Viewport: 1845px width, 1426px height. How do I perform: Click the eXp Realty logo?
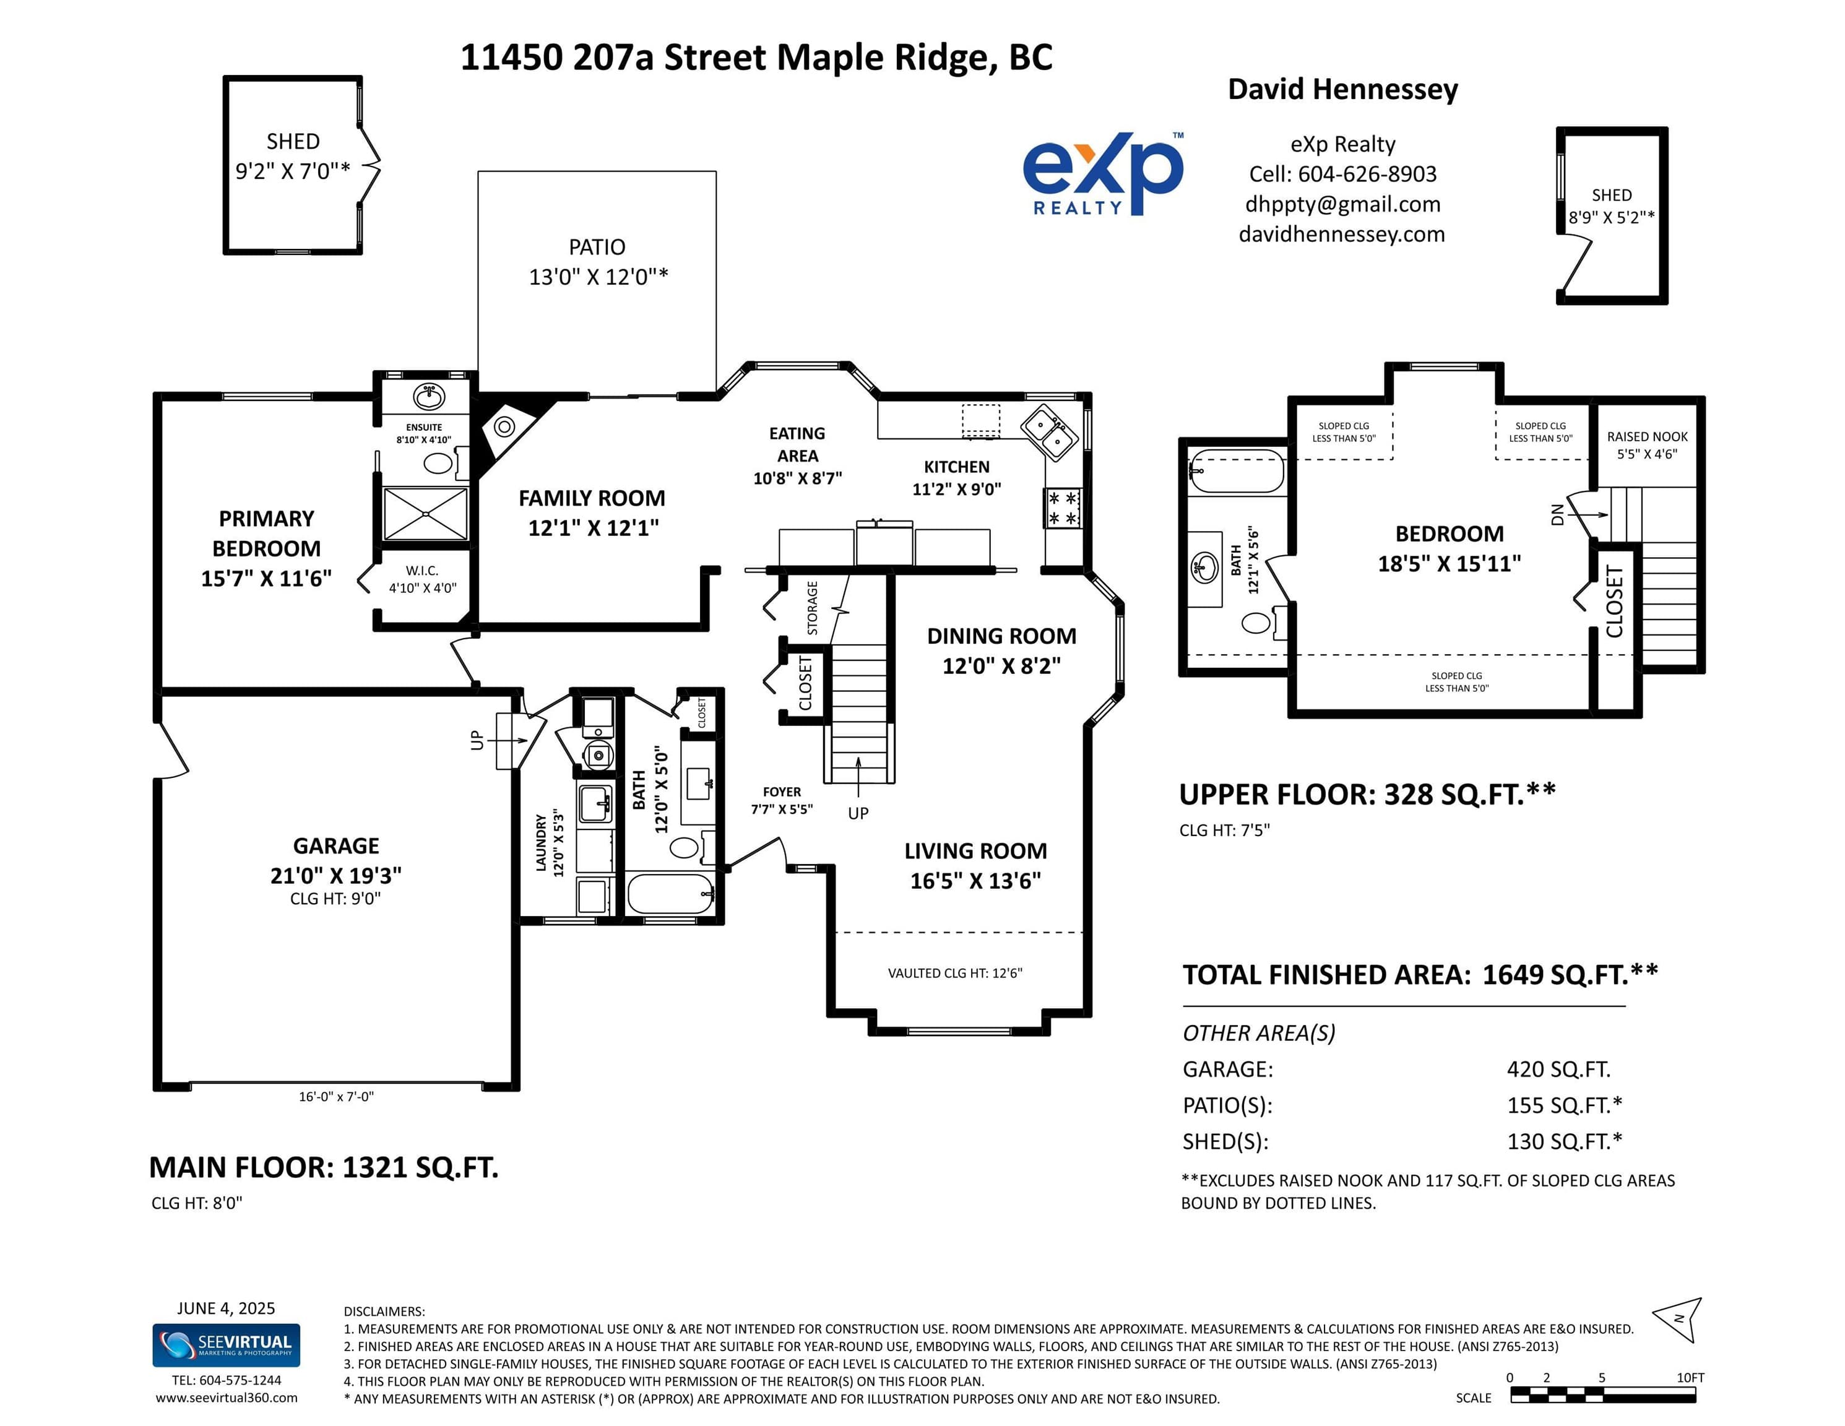click(1104, 173)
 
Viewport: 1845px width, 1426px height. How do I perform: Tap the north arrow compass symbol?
click(1679, 1320)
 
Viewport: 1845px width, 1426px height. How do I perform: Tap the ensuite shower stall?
click(425, 514)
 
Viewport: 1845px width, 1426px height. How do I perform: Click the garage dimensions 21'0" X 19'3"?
click(336, 875)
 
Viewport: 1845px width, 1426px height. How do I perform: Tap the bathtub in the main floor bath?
click(672, 894)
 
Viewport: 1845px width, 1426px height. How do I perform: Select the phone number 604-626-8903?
click(1367, 174)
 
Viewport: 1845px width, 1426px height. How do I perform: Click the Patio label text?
click(597, 248)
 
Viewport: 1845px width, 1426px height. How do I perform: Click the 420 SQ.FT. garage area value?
click(1558, 1069)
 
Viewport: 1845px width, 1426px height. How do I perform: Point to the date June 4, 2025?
click(225, 1308)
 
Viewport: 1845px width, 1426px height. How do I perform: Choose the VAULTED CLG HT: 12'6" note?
click(954, 973)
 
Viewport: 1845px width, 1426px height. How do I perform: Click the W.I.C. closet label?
click(421, 571)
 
